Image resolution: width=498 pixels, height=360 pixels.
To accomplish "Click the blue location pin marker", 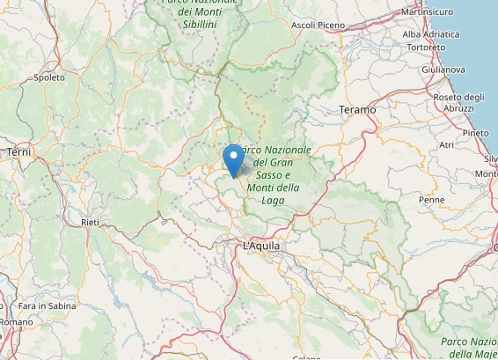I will pyautogui.click(x=233, y=161).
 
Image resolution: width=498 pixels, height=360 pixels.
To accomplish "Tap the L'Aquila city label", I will pyautogui.click(x=261, y=246).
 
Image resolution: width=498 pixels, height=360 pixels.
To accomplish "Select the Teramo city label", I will pyautogui.click(x=356, y=109).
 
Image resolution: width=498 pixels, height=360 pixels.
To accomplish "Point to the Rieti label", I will pyautogui.click(x=90, y=224).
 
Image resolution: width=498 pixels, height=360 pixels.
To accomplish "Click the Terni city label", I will pyautogui.click(x=18, y=152).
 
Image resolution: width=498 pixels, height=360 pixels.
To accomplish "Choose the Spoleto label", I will pyautogui.click(x=49, y=77).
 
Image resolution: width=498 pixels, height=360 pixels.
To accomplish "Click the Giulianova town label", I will pyautogui.click(x=443, y=69).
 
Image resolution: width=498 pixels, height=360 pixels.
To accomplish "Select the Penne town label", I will pyautogui.click(x=432, y=200).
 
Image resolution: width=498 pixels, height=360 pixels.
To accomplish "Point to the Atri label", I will pyautogui.click(x=446, y=144).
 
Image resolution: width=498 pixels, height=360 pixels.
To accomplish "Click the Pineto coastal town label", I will pyautogui.click(x=475, y=132).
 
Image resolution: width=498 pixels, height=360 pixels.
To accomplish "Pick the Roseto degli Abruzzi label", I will pyautogui.click(x=458, y=102).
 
